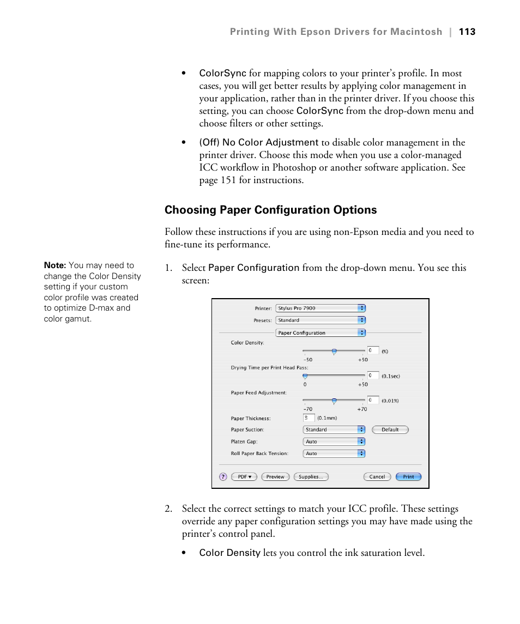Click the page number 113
click(x=467, y=32)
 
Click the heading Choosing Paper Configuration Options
click(x=270, y=210)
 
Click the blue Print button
click(x=408, y=477)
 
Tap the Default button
click(x=390, y=429)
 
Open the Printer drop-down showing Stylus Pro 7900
click(x=320, y=308)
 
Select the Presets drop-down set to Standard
click(x=320, y=320)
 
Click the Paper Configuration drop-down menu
click(x=320, y=333)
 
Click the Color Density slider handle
click(x=334, y=352)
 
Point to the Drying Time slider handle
click(x=305, y=376)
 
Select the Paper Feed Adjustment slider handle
click(x=334, y=401)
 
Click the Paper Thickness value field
click(x=309, y=418)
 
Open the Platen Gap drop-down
click(x=334, y=442)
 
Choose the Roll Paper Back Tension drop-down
click(x=334, y=453)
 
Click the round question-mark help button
click(x=223, y=477)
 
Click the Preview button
click(x=275, y=477)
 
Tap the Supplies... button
click(x=311, y=477)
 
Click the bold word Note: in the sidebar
click(x=55, y=265)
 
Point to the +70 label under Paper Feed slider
click(x=362, y=409)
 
